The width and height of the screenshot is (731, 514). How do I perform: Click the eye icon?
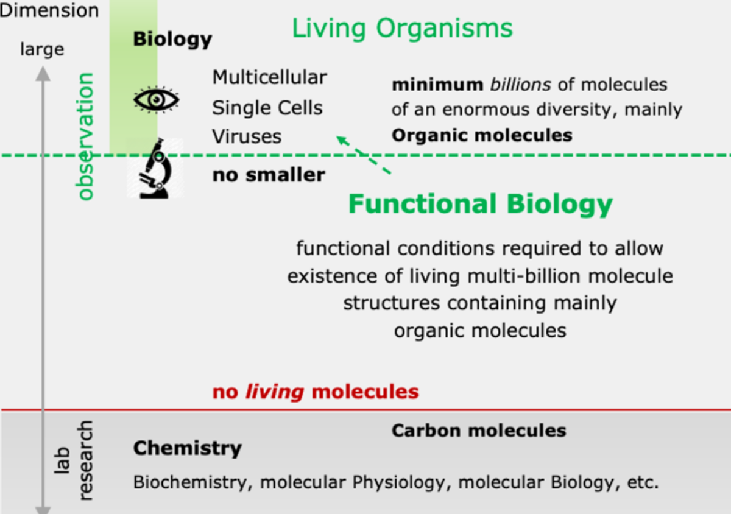[157, 99]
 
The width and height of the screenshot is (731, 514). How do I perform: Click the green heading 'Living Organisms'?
[402, 28]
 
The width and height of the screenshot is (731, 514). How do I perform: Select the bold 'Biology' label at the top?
[172, 40]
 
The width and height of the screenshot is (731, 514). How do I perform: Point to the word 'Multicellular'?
[269, 77]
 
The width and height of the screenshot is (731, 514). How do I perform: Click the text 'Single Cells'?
[267, 108]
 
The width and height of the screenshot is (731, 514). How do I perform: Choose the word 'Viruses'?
[247, 136]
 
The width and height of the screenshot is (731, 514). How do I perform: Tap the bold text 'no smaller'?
[269, 175]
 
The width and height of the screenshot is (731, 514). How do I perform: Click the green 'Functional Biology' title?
[480, 204]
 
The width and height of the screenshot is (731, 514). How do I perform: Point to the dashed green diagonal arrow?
[364, 156]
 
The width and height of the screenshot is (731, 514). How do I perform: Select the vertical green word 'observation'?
[86, 136]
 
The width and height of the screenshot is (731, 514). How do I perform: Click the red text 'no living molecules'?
[316, 391]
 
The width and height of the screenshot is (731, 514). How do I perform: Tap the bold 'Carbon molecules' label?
[479, 431]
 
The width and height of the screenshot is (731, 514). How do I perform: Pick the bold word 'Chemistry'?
[188, 449]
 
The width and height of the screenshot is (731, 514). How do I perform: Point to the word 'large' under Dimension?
[42, 49]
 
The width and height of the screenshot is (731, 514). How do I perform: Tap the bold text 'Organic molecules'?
[482, 135]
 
